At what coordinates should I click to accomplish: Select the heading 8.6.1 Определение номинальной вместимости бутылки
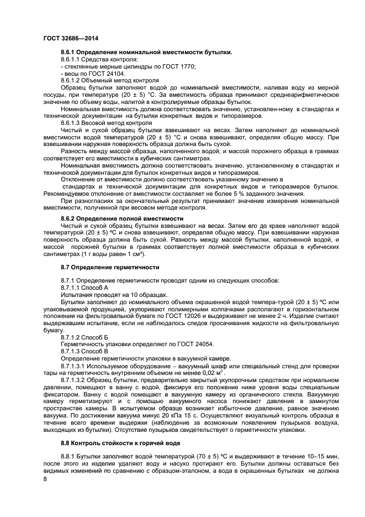point(146,52)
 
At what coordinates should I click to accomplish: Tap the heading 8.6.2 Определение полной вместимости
point(122,219)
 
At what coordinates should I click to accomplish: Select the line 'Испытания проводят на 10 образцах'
point(106,295)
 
